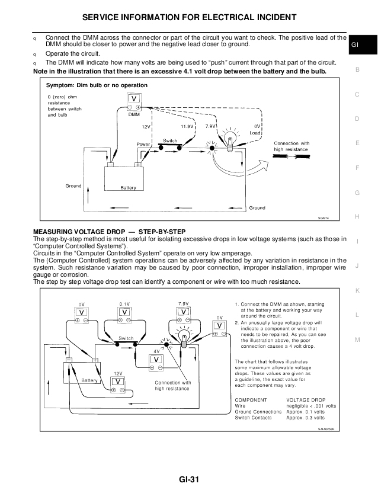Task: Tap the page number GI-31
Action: tap(189, 479)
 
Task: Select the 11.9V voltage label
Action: tap(187, 127)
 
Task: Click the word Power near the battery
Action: tap(143, 144)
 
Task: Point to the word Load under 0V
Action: tap(255, 133)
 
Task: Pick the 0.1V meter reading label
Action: tap(124, 303)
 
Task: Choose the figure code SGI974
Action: tap(323, 218)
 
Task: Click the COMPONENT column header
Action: tap(251, 400)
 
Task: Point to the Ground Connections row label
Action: tap(258, 412)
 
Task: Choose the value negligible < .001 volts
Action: tap(312, 406)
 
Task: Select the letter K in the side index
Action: tap(357, 290)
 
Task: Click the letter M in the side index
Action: tap(357, 340)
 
